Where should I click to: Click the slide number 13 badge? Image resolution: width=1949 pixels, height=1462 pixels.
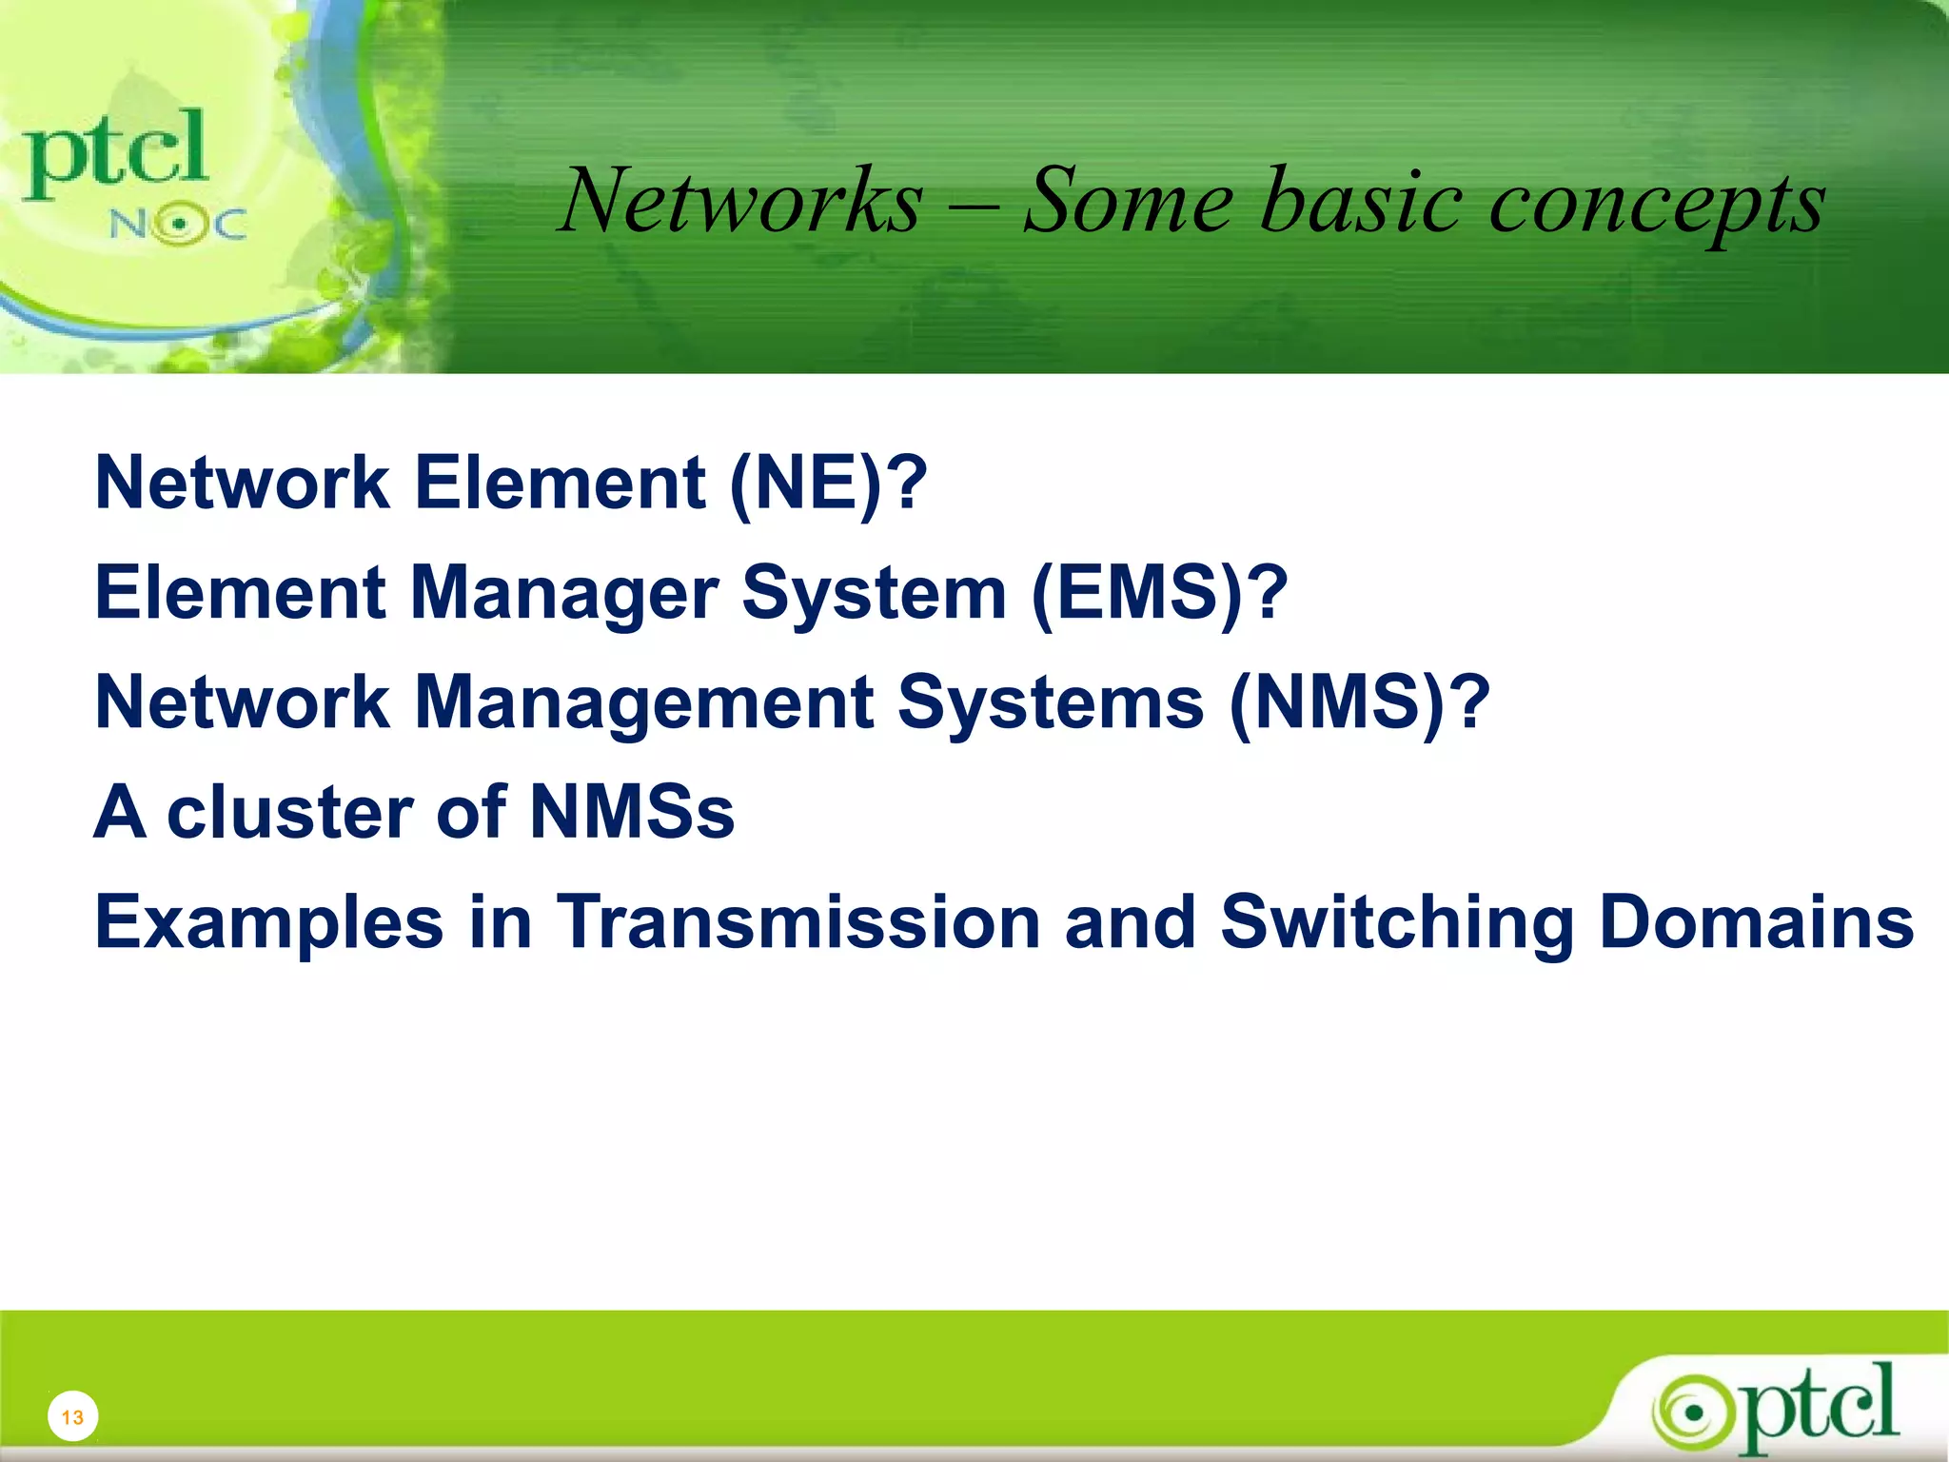coord(72,1417)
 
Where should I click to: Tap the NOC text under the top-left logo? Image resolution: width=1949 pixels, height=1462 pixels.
coord(178,225)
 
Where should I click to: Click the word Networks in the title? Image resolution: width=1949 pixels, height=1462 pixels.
coord(741,201)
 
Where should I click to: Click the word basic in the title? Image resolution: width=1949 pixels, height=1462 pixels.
coord(1360,201)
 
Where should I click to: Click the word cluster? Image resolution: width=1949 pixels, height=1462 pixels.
coord(289,813)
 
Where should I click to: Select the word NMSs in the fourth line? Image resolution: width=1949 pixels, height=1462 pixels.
coord(632,813)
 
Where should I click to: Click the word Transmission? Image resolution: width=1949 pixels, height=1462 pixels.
coord(797,921)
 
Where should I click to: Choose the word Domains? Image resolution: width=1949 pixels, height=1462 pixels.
coord(1757,921)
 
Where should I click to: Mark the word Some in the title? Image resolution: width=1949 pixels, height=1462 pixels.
coord(1128,201)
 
